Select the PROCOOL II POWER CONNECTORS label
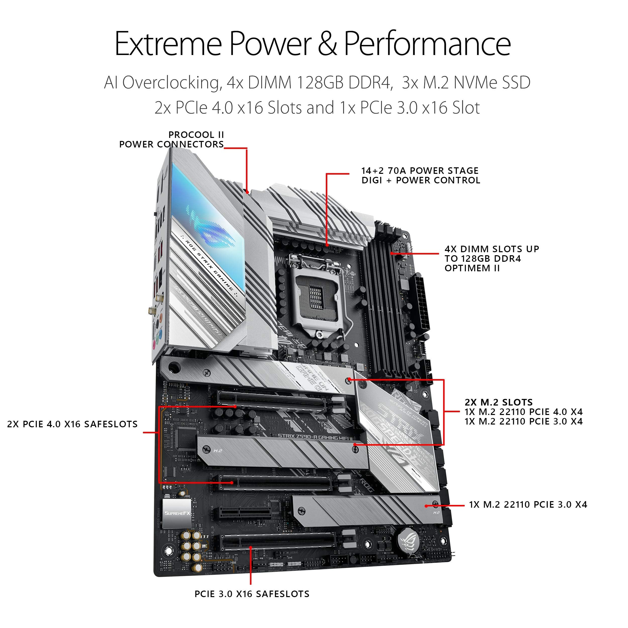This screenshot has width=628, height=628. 172,139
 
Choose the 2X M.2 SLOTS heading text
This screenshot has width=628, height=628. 499,402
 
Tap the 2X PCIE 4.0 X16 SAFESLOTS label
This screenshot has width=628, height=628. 72,424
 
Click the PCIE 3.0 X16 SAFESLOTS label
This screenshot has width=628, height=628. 252,594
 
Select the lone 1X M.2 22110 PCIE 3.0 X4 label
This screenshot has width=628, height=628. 528,504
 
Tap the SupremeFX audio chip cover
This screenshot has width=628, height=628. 177,513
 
